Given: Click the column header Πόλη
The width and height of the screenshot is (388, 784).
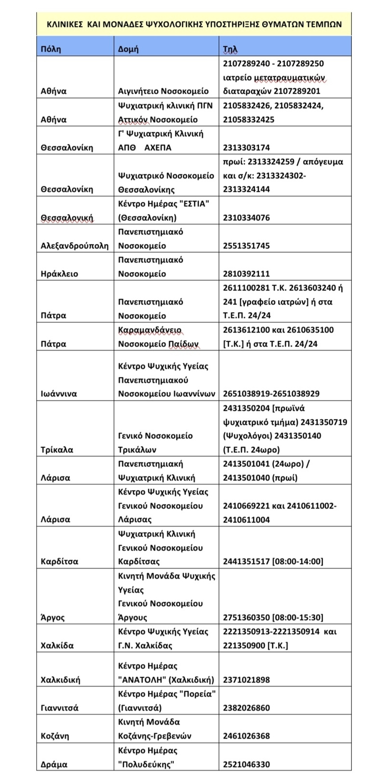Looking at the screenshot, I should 51,49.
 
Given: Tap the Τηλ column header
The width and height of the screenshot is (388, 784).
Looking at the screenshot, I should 230,49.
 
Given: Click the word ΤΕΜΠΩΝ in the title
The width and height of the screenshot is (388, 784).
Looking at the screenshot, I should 323,24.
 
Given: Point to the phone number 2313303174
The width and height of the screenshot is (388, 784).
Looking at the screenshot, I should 246,147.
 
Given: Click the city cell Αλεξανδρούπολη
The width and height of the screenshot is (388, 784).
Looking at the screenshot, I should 75,246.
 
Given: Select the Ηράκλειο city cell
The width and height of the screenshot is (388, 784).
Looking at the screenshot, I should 59,274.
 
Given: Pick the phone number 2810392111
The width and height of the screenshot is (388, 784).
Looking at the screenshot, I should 246,274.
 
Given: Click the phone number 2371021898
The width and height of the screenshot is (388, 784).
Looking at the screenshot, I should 246,679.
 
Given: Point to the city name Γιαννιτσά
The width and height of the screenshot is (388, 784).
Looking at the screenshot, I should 59,708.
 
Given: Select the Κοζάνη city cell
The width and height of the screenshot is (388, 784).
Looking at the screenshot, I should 55,736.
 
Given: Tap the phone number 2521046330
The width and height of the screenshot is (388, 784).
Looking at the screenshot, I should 246,764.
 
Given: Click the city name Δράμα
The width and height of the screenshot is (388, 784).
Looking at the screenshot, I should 54,764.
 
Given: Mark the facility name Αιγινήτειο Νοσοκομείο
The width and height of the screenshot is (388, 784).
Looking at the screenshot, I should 163,91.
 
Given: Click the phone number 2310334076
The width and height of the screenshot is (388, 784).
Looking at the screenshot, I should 246,218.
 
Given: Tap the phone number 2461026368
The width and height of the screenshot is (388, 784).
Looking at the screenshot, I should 246,736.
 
